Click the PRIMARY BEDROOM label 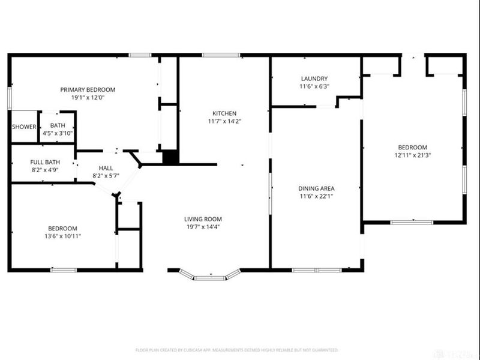pyautogui.click(x=88, y=89)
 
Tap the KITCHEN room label pyautogui.click(x=224, y=113)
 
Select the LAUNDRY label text pyautogui.click(x=314, y=79)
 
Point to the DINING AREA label pyautogui.click(x=316, y=188)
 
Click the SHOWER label pyautogui.click(x=24, y=127)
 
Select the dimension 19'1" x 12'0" pyautogui.click(x=88, y=97)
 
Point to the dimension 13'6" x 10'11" pyautogui.click(x=62, y=236)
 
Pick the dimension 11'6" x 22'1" pyautogui.click(x=316, y=196)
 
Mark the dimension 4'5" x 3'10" pyautogui.click(x=58, y=133)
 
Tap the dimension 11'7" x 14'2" pyautogui.click(x=224, y=121)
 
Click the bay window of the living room pyautogui.click(x=210, y=276)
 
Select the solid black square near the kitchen pyautogui.click(x=171, y=157)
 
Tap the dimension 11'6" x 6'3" pyautogui.click(x=314, y=86)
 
